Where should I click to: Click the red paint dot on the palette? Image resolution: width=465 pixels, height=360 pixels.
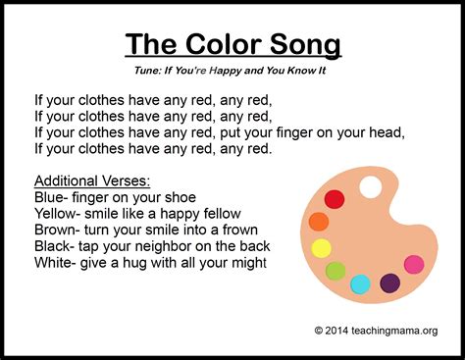coord(335,200)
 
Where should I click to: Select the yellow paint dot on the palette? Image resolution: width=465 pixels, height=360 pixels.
coord(322,247)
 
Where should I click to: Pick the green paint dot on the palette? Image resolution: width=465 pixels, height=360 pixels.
coord(336,270)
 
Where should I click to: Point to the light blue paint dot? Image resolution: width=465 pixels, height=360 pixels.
coord(361,283)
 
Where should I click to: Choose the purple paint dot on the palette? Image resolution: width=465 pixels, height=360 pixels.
coord(390,283)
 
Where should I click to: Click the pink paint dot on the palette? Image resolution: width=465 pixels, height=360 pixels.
coord(414,264)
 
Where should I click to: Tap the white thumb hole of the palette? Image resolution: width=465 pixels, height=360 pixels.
coord(371,185)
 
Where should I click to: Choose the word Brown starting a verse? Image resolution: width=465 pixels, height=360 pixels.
coord(55,231)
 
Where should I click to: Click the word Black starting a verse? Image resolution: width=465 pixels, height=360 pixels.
coord(53,246)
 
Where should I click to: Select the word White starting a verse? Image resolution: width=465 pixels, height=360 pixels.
coord(53,263)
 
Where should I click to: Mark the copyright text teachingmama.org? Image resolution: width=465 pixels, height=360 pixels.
coord(391,330)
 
